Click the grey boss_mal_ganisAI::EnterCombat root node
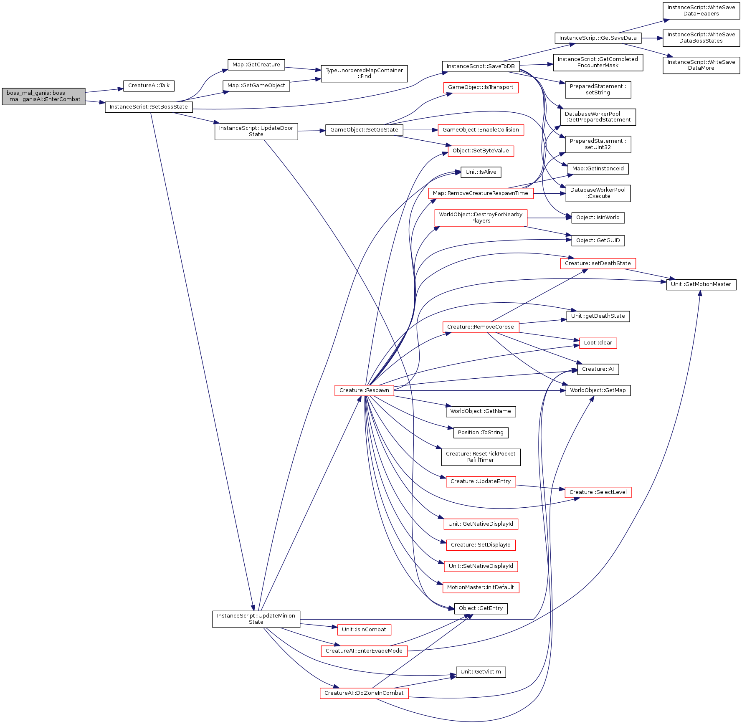[43, 96]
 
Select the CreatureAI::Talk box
[149, 86]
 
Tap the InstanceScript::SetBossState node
[149, 107]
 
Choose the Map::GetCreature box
[256, 65]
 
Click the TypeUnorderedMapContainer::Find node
[364, 73]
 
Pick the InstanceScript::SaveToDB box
[481, 66]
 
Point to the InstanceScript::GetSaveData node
[598, 38]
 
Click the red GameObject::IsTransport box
[481, 87]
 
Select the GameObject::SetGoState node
[364, 130]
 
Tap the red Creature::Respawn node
[364, 390]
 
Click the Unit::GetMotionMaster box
[701, 284]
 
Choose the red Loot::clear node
[598, 343]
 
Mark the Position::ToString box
[481, 433]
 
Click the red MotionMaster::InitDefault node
[481, 587]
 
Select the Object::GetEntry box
[481, 608]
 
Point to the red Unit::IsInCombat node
[364, 630]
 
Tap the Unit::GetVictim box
[481, 672]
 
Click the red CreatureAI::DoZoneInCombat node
[364, 693]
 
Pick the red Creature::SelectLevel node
[598, 492]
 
